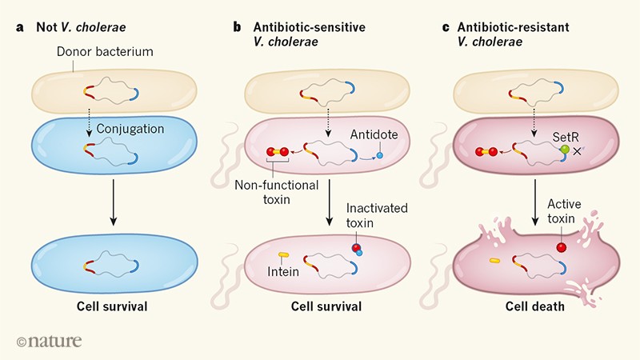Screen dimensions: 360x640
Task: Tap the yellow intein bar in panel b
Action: [283, 255]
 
